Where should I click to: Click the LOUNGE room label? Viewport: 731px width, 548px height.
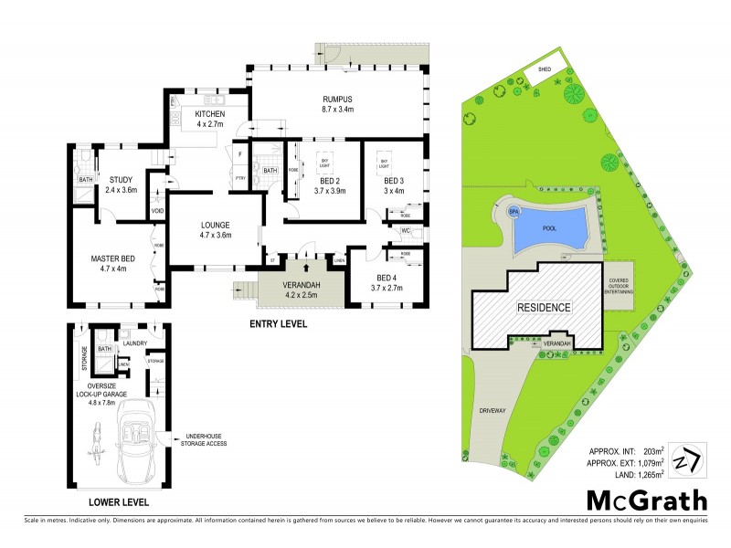[x=216, y=229]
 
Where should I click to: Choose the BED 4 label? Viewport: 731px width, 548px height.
[x=387, y=282]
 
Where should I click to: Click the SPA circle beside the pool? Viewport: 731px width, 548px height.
[x=514, y=212]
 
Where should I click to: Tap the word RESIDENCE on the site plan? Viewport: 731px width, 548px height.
[x=545, y=308]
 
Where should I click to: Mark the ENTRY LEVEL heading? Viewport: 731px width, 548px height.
[x=279, y=324]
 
